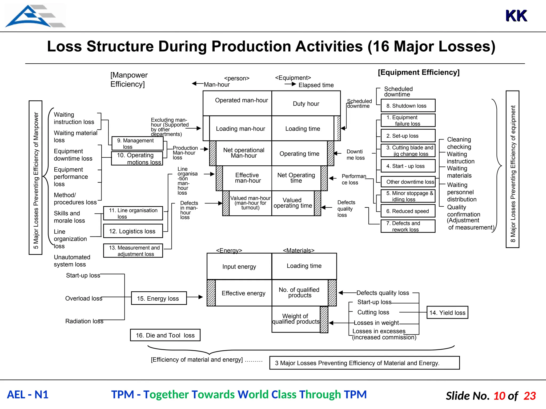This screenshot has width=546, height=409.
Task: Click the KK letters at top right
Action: [516, 16]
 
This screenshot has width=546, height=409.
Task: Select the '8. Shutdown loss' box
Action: [408, 106]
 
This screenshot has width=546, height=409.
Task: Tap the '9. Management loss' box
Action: [137, 144]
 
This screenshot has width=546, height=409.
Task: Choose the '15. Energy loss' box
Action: [159, 298]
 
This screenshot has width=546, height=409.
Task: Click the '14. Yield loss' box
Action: [447, 313]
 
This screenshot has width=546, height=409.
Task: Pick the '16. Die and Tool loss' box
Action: [165, 335]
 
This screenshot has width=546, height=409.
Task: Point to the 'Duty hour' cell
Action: [306, 104]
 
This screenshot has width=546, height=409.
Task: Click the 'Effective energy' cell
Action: [243, 293]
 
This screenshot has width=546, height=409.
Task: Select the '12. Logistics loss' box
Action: [133, 231]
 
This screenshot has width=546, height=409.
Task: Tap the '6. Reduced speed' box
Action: [408, 211]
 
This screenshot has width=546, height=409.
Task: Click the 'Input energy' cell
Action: [239, 267]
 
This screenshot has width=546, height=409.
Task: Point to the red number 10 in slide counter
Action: [499, 396]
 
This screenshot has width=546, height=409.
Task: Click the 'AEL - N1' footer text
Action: [28, 395]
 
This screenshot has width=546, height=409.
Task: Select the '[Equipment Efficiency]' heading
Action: [419, 72]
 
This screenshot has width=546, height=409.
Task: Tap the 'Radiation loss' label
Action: [84, 321]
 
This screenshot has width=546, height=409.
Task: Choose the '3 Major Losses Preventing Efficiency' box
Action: [364, 363]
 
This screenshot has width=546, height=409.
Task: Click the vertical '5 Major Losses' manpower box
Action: [35, 178]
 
